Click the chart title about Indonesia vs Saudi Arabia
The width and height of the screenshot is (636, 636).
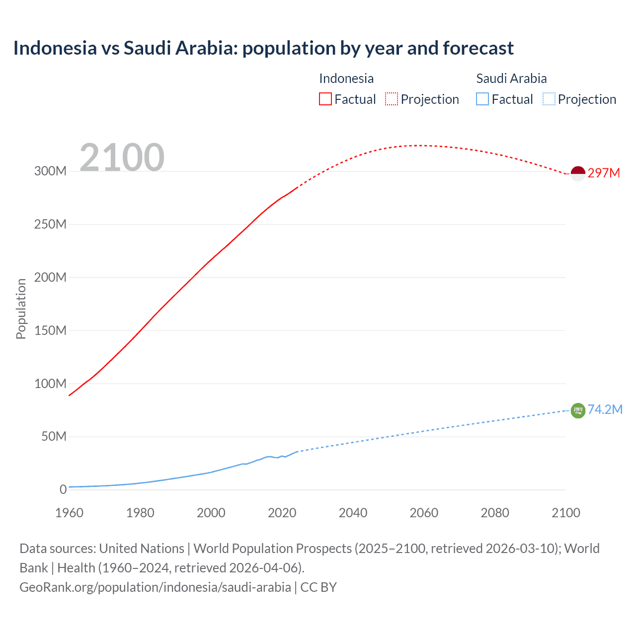tap(263, 48)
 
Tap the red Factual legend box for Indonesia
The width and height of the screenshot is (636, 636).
tap(325, 99)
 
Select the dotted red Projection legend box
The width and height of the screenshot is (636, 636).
tap(392, 99)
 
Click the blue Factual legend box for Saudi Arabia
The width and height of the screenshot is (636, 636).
tap(482, 99)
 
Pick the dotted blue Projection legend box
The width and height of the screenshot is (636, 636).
tap(549, 99)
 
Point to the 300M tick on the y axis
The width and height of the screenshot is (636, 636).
tap(50, 171)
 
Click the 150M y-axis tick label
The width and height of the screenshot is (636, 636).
tap(50, 330)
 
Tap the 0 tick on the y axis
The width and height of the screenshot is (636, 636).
tap(63, 489)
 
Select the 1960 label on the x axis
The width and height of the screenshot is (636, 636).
tap(69, 513)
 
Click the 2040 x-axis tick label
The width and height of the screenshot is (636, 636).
tap(353, 513)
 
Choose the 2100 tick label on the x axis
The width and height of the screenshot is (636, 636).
tap(565, 513)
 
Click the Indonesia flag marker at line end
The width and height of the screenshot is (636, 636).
tap(578, 173)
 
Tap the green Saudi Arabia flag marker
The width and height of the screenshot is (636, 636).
tap(578, 410)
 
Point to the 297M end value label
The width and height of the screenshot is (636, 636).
tap(604, 173)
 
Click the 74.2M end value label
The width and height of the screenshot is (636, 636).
tap(605, 409)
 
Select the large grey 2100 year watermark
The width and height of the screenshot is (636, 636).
tap(122, 157)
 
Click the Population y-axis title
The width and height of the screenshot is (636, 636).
tap(21, 309)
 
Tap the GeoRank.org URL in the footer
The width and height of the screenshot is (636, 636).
tap(155, 587)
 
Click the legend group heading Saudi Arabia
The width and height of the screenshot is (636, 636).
tap(511, 79)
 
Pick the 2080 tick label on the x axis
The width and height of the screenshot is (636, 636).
tap(495, 513)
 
